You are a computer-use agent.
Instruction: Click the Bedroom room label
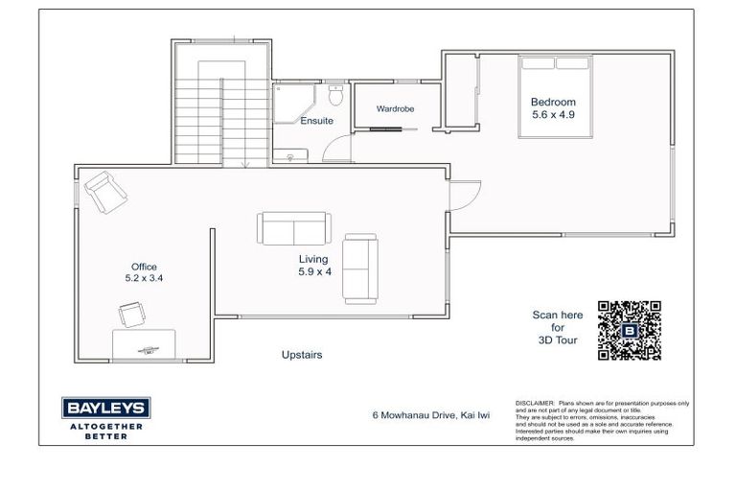coord(553,102)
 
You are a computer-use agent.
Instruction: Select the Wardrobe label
coord(395,109)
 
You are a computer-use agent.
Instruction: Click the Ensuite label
coord(316,122)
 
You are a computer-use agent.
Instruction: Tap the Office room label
coord(144,267)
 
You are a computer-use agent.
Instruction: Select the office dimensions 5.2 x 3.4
coord(144,279)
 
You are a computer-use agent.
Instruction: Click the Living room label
coord(312,259)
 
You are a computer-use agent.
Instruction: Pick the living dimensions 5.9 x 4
coord(312,272)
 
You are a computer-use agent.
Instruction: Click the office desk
coord(144,343)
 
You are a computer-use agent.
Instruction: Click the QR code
coord(629,330)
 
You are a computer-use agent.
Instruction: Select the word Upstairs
coord(302,355)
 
